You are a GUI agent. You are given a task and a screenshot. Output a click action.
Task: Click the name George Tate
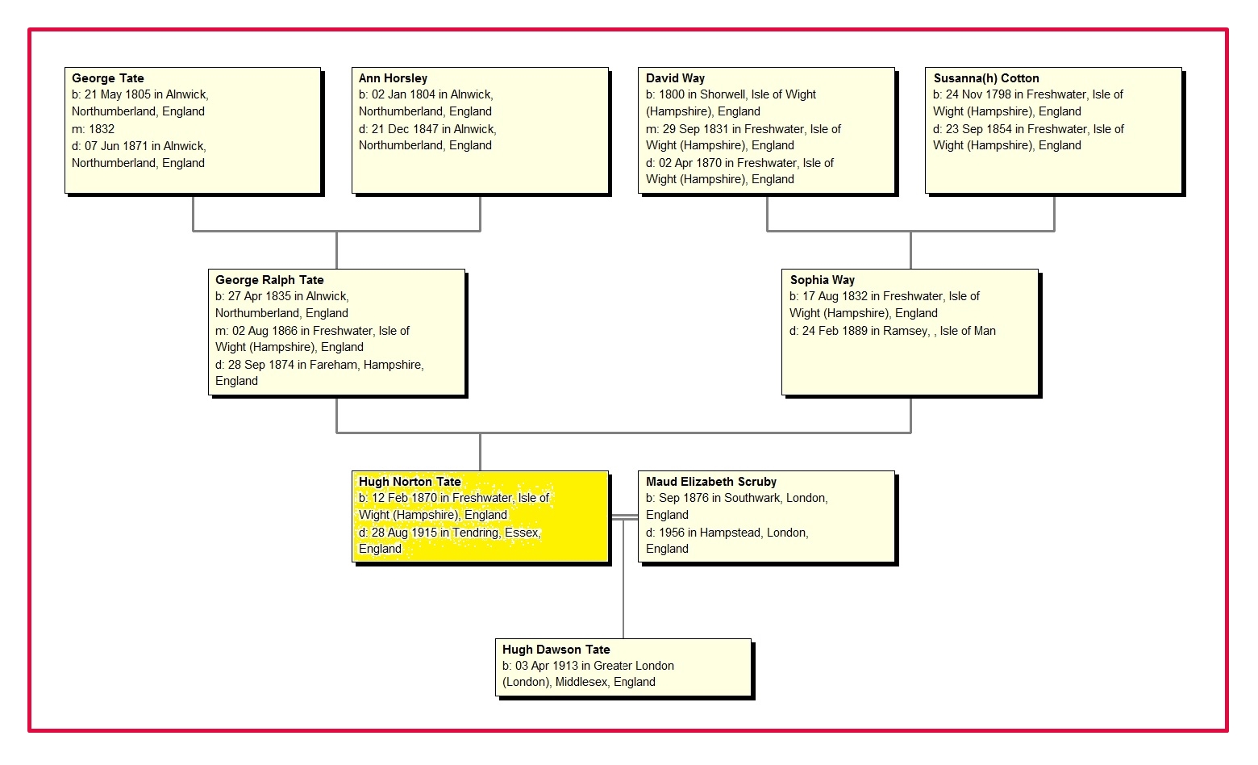[107, 78]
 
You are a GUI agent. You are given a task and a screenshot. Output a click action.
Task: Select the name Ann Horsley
[393, 78]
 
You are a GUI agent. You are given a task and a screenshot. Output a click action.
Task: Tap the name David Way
[675, 78]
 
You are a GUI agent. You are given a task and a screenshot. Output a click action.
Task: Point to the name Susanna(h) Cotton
[985, 78]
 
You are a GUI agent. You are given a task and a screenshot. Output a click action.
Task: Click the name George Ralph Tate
[269, 280]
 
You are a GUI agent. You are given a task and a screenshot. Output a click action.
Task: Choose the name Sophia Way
[822, 280]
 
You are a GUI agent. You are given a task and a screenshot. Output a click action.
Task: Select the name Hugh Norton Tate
[410, 482]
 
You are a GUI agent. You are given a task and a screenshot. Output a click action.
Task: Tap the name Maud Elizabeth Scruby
[710, 482]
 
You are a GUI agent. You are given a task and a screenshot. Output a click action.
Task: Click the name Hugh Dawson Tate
[556, 650]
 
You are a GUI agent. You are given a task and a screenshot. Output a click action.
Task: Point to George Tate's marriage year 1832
[102, 129]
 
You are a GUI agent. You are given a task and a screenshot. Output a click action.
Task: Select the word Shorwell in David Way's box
[723, 94]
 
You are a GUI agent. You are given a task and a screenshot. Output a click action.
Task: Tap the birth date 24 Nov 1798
[978, 94]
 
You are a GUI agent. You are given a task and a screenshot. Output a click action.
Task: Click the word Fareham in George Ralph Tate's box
[333, 365]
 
